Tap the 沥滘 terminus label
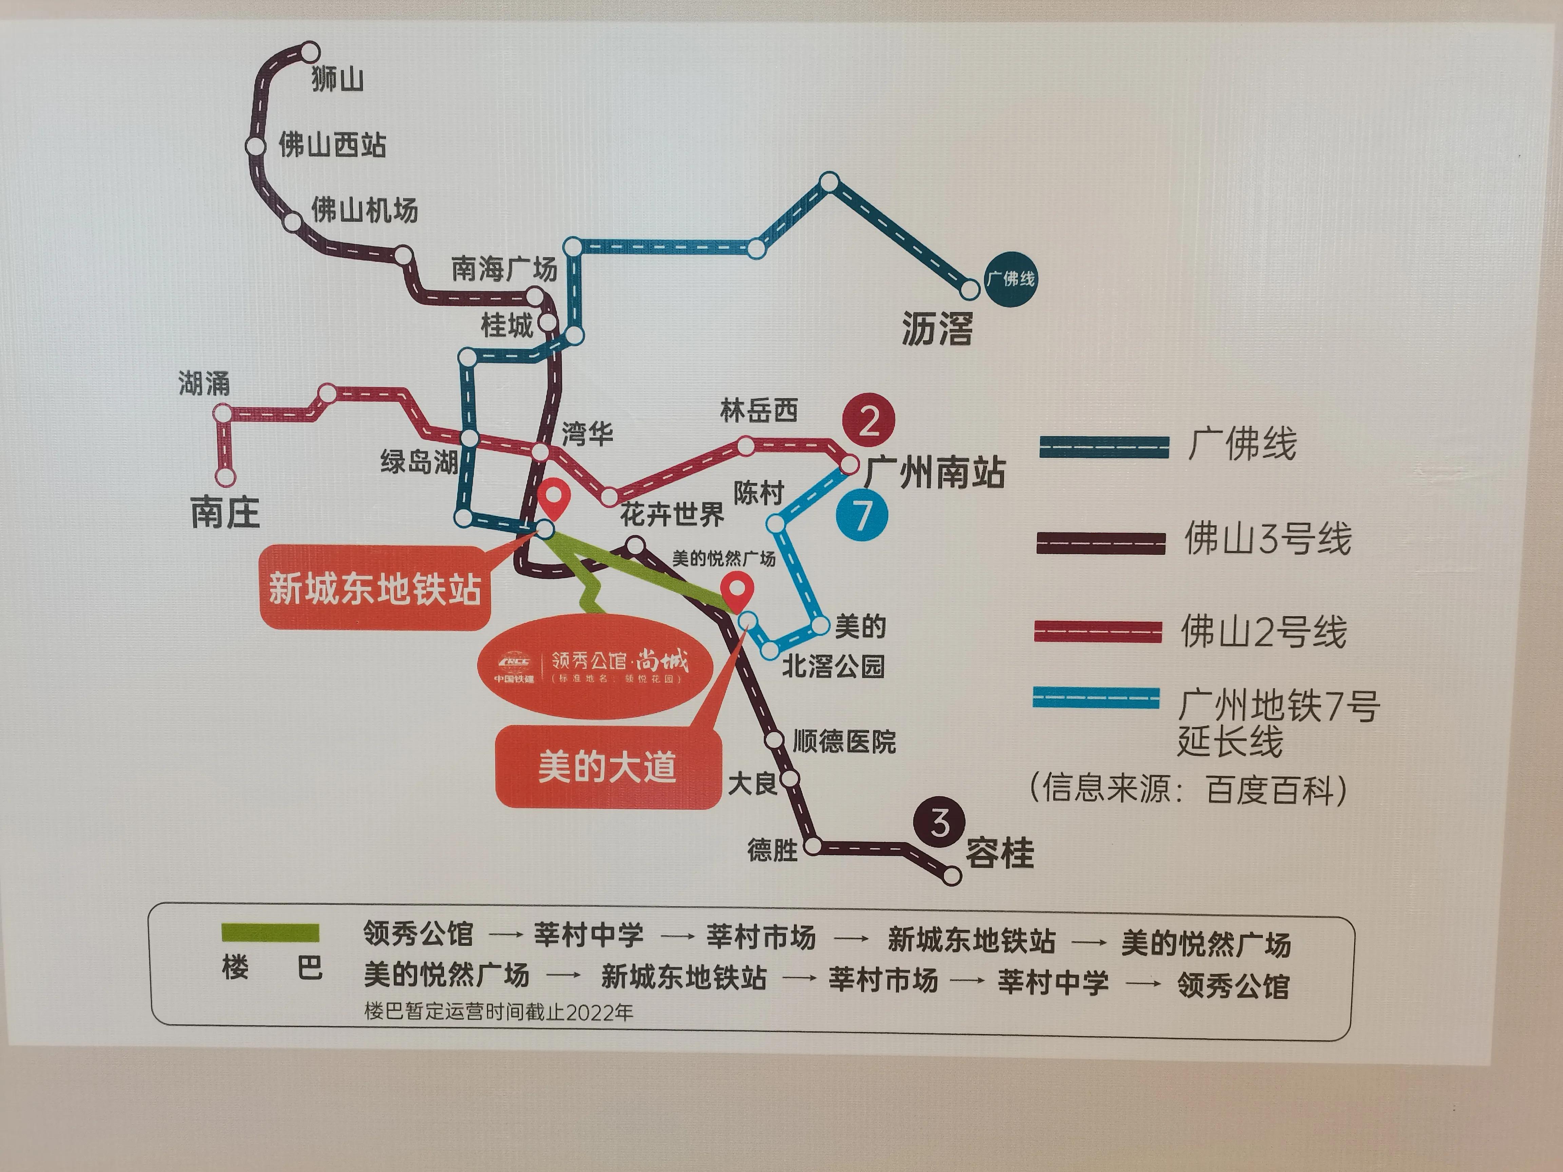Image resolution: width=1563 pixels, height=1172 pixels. [x=937, y=329]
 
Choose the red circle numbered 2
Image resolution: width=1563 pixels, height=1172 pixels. [x=868, y=421]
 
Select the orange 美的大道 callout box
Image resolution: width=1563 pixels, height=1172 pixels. [x=608, y=767]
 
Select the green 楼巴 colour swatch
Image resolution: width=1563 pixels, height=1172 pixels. [x=270, y=933]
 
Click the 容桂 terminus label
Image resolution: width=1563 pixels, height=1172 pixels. [x=999, y=853]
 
